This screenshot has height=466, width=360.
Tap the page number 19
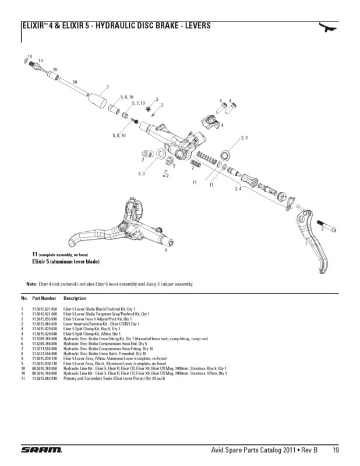tap(337, 450)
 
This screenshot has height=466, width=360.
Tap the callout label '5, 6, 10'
tap(127, 97)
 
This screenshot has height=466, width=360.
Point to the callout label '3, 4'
tap(238, 189)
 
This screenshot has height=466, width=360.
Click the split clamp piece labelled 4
tap(211, 122)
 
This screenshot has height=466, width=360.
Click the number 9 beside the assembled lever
tap(166, 250)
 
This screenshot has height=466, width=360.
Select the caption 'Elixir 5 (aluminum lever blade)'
tap(66, 262)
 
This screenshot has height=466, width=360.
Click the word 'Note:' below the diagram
tap(31, 284)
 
